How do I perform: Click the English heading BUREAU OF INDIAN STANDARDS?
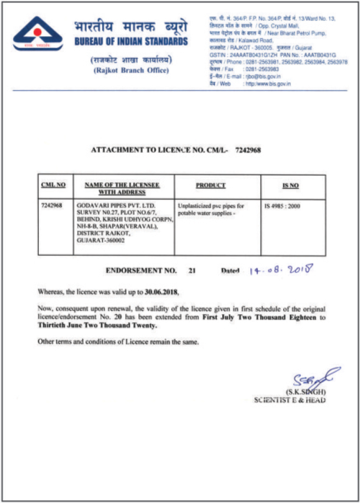pos(130,42)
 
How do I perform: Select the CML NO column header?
pos(53,185)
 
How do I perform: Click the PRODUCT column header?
pos(210,186)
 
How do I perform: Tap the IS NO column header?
pos(290,186)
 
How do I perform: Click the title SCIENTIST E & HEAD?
pos(289,400)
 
